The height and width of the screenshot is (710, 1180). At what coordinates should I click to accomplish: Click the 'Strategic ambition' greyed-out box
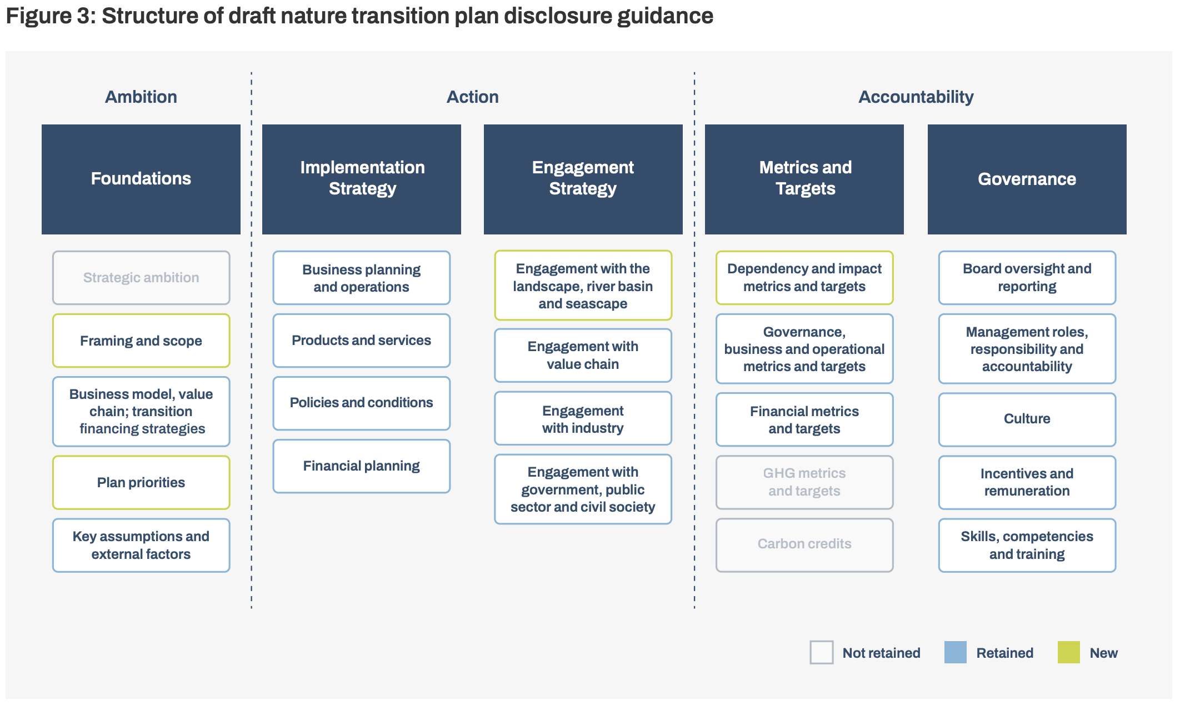point(141,278)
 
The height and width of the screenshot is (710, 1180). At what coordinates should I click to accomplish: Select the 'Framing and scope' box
point(141,341)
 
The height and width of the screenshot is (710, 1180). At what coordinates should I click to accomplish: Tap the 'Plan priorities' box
point(141,482)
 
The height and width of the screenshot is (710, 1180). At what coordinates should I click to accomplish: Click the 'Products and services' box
point(361,341)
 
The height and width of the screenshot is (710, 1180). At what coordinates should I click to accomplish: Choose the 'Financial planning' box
point(361,466)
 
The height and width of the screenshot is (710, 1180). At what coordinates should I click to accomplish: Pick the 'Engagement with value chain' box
point(583,356)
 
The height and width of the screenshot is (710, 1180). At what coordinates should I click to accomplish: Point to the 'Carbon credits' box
point(804,544)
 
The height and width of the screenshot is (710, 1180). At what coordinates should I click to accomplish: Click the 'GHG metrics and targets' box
point(804,482)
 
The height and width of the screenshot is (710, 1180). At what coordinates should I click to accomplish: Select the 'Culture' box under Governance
point(1027,419)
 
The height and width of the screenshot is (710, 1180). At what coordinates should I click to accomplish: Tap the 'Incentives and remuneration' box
point(1027,482)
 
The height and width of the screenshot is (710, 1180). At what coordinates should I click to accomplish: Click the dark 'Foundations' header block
point(141,179)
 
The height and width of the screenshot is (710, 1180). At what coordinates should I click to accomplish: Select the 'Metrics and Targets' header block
point(804,179)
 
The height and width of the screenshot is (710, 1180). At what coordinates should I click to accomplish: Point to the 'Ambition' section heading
point(141,97)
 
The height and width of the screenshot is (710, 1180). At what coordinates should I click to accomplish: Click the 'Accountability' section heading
point(916,97)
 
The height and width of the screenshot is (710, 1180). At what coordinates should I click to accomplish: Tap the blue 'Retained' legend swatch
point(955,652)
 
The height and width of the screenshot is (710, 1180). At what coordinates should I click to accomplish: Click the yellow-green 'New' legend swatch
point(1068,652)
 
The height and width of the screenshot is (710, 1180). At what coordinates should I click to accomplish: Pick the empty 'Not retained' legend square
point(821,652)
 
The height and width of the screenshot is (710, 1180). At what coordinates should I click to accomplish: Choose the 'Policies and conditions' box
point(361,403)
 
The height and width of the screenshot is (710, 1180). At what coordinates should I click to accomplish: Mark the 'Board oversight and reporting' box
point(1027,278)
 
